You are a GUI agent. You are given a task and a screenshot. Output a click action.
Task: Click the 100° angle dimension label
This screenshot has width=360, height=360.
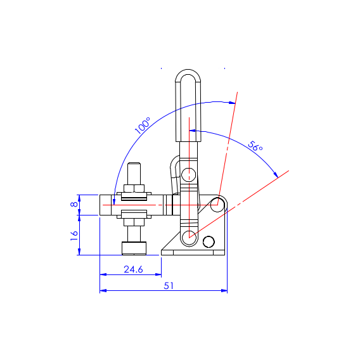143,125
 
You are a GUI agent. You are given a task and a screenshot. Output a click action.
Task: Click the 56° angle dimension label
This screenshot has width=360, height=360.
255,146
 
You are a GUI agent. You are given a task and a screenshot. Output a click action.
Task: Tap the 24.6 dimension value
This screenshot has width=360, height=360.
133,269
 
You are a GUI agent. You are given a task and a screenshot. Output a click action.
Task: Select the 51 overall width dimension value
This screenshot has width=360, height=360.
169,286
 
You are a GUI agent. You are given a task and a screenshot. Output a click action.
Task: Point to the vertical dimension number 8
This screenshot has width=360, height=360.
74,204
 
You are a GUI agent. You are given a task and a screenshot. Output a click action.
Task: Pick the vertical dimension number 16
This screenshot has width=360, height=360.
74,236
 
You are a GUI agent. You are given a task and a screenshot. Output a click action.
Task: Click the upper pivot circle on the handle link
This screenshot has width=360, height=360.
189,175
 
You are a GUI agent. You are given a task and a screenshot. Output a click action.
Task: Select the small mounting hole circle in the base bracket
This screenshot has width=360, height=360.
209,241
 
